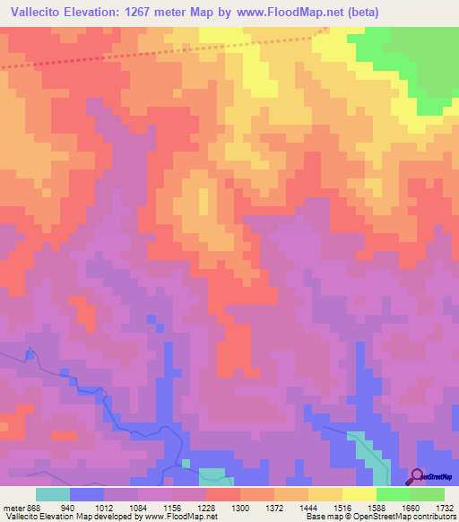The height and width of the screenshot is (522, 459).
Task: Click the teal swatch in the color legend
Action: tap(53, 494)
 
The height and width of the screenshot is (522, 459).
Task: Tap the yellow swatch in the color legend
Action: tap(359, 494)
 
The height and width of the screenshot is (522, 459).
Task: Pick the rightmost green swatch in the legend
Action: tap(428, 494)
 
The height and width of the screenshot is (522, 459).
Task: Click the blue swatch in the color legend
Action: tap(87, 494)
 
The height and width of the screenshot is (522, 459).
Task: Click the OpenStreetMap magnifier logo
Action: tap(415, 476)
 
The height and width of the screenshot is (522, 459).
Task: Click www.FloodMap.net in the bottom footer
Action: tap(180, 517)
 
